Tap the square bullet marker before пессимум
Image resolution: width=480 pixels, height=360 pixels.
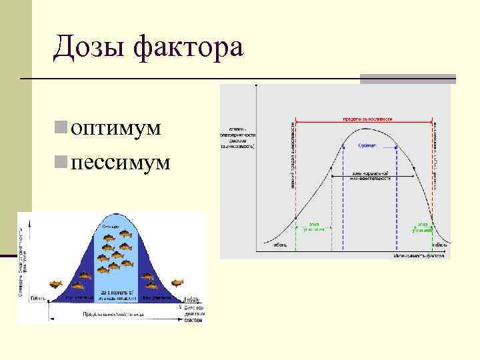click(x=61, y=161)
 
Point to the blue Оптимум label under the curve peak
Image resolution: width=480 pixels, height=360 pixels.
click(x=367, y=145)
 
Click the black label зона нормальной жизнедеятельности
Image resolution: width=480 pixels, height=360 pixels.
click(x=370, y=176)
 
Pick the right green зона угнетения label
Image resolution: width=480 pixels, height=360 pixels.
click(x=423, y=227)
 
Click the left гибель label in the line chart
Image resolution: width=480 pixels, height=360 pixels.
click(x=278, y=245)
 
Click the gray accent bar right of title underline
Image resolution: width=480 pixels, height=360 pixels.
click(x=407, y=79)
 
